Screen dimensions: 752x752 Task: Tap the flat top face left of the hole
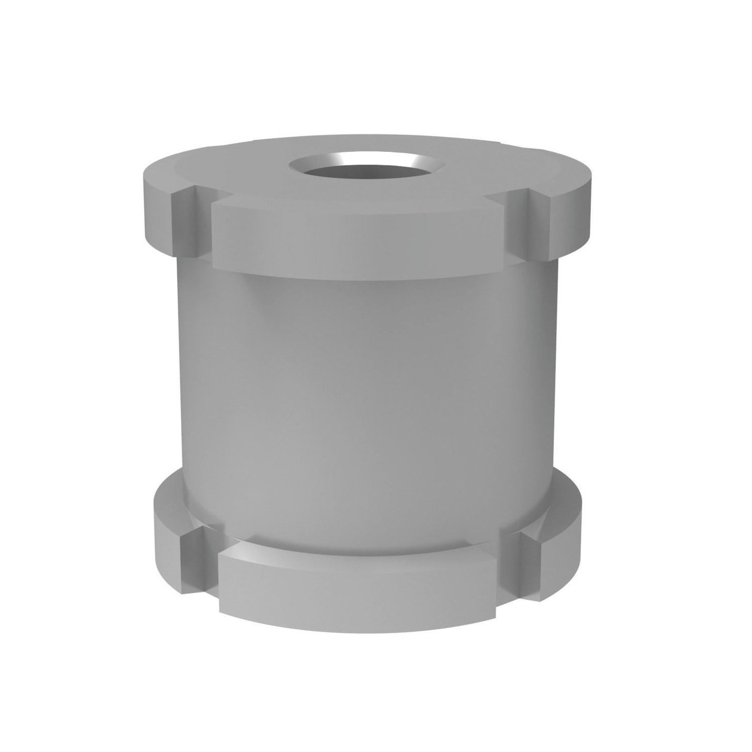click(231, 175)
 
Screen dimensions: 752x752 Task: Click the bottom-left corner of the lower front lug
click(221, 612)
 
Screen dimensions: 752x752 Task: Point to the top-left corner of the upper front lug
click(214, 206)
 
